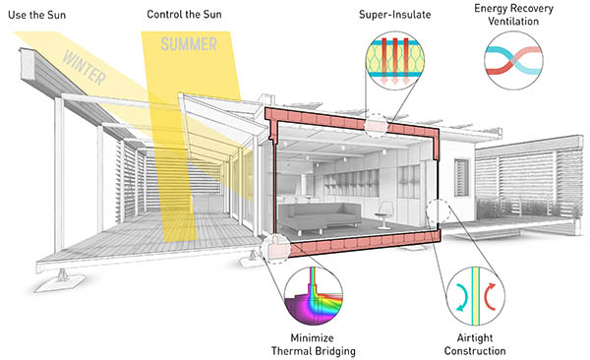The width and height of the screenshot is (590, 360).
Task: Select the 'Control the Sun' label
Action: click(x=185, y=15)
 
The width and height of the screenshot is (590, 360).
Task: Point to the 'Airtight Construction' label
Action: click(x=474, y=343)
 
